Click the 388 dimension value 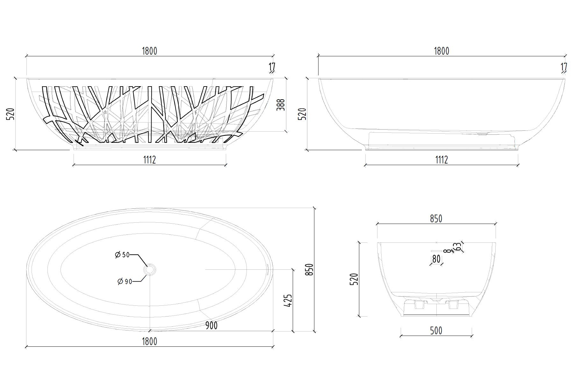point(281,105)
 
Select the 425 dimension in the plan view point(288,301)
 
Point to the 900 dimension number point(211,325)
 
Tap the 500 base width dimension point(436,331)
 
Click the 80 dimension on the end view point(436,259)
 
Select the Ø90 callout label point(125,281)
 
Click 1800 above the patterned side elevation point(149,51)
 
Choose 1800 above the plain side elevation point(441,51)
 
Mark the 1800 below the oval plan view point(149,341)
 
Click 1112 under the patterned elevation point(149,159)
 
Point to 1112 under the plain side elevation point(441,159)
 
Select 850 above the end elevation point(436,219)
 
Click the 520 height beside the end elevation point(354,279)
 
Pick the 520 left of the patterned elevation point(11,114)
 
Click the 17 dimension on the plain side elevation point(564,67)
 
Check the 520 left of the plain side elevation point(302,114)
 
